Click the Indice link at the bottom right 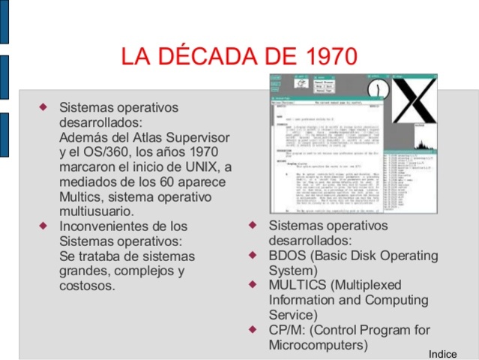[x=442, y=353]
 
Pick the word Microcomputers [x=319, y=346]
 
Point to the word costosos [x=87, y=286]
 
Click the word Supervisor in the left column [x=204, y=137]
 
